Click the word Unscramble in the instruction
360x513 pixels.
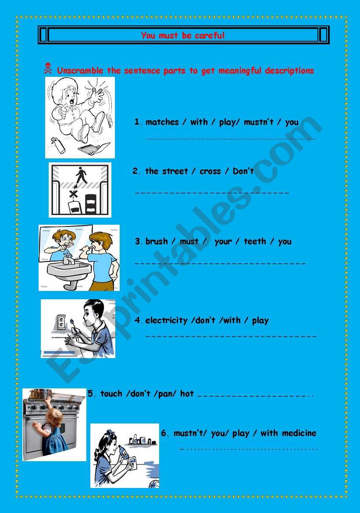pyautogui.click(x=80, y=70)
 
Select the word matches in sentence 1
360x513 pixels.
pyautogui.click(x=162, y=122)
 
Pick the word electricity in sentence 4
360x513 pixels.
pyautogui.click(x=166, y=320)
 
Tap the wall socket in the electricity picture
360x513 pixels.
pyautogui.click(x=61, y=322)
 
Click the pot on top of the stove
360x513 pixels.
pyautogui.click(x=40, y=394)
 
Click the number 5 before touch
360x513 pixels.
pyautogui.click(x=90, y=394)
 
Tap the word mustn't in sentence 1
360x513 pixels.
pyautogui.click(x=258, y=122)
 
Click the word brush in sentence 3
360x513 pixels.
pyautogui.click(x=156, y=241)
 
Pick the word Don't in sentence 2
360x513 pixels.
pyautogui.click(x=243, y=171)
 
